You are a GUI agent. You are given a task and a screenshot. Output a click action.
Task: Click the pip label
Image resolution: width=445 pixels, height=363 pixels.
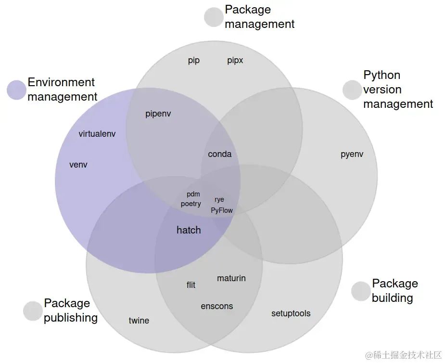click(194, 61)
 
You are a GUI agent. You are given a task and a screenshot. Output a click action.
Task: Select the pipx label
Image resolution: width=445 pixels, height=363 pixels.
click(235, 61)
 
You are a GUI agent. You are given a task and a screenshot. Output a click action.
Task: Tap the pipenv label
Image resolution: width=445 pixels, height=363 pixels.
click(158, 114)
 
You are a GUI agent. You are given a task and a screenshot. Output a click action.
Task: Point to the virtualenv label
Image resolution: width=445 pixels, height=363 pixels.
click(97, 134)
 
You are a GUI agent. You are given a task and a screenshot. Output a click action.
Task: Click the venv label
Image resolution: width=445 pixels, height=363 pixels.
click(78, 165)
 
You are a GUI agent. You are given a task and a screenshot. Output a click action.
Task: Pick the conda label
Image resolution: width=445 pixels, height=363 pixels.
click(219, 154)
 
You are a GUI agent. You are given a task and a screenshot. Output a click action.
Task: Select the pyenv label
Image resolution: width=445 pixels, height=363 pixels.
click(352, 155)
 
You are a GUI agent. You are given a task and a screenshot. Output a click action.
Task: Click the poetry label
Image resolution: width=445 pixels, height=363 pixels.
click(191, 204)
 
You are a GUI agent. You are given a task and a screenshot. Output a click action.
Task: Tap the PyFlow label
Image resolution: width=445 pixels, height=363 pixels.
click(222, 210)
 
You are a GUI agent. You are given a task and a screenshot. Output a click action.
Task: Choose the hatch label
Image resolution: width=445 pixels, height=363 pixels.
click(189, 230)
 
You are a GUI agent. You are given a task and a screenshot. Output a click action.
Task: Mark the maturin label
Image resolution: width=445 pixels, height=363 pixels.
click(231, 278)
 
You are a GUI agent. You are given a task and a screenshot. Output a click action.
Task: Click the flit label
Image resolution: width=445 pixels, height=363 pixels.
click(191, 285)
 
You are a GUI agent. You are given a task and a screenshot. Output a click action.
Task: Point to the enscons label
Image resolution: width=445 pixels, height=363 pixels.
click(216, 306)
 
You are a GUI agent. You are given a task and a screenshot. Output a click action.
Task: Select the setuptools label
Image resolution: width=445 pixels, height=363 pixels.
click(291, 313)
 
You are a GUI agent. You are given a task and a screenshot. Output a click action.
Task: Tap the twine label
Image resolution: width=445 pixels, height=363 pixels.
click(139, 321)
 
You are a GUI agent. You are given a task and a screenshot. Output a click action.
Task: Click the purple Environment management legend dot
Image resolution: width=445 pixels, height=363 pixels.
click(16, 90)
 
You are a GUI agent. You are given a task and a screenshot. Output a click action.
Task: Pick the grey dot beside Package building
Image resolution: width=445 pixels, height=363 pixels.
click(360, 291)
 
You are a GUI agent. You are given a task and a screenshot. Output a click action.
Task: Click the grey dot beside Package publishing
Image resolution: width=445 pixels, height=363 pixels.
click(33, 311)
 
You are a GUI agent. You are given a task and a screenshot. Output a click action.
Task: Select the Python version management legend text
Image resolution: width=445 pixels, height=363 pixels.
click(398, 90)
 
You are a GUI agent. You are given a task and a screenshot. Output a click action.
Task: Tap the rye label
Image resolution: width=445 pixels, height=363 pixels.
click(219, 200)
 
